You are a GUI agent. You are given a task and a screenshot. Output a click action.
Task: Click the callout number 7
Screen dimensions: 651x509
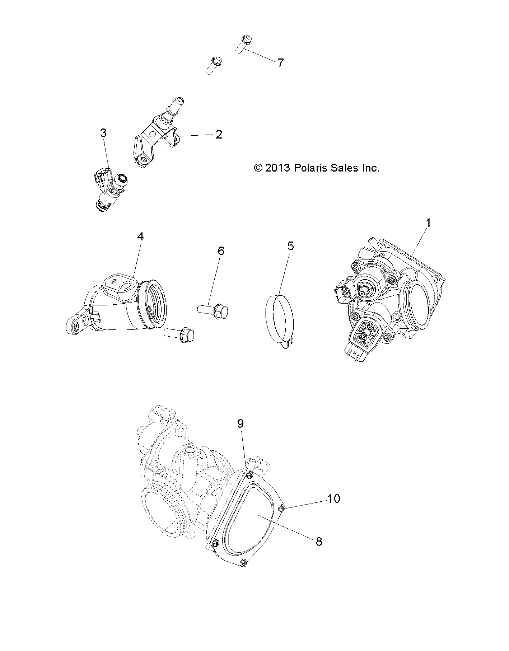coord(280,63)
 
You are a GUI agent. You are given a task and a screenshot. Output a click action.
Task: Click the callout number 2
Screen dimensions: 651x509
coord(219,135)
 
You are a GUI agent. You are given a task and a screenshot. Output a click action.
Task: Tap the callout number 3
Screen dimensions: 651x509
coord(103,133)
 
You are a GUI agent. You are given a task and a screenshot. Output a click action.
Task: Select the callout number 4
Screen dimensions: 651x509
coord(140,236)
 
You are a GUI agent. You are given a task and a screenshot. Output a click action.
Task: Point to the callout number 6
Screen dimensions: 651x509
coord(221,251)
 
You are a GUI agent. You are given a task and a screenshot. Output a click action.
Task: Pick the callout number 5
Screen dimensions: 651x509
coord(290,246)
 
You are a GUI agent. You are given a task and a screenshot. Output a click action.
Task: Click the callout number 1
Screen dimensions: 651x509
coord(428,223)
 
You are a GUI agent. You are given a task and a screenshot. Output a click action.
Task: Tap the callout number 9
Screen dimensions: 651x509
coord(241,424)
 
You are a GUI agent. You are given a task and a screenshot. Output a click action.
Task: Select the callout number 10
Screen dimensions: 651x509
coord(334,498)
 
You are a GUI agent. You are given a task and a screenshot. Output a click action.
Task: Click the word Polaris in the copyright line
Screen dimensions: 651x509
coord(311,168)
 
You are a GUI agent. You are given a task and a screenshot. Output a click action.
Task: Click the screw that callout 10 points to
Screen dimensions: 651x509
coord(282,507)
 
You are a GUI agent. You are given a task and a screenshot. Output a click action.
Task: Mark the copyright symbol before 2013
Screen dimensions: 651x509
coord(258,168)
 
